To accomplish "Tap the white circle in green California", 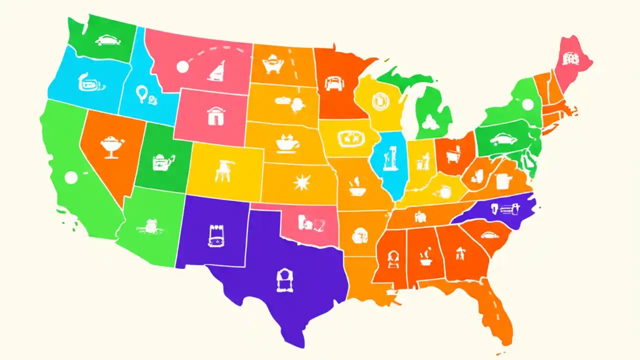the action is pyautogui.click(x=71, y=177).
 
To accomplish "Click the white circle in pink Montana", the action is pyautogui.click(x=182, y=66).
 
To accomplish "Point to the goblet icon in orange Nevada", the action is pyautogui.click(x=111, y=146).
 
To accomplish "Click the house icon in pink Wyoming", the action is pyautogui.click(x=213, y=116).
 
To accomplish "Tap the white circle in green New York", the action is pyautogui.click(x=527, y=104).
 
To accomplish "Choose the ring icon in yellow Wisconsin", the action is pyautogui.click(x=379, y=102).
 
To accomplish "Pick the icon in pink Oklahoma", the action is pyautogui.click(x=306, y=221).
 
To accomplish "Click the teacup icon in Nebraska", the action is pyautogui.click(x=287, y=142).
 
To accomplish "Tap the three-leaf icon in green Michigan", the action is pyautogui.click(x=428, y=120).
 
